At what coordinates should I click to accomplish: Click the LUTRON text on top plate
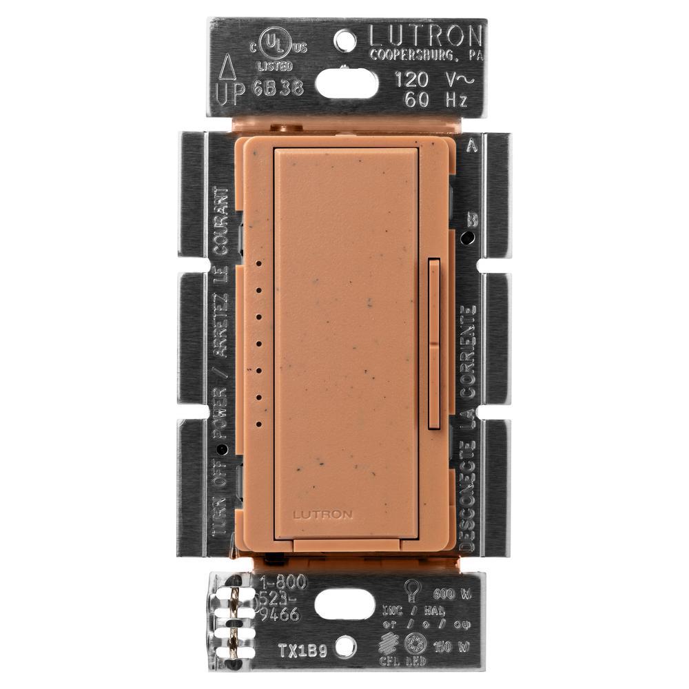(x=425, y=35)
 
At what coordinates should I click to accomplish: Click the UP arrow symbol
(x=227, y=69)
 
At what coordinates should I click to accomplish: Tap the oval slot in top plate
(x=347, y=84)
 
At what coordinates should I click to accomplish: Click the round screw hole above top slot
(x=345, y=41)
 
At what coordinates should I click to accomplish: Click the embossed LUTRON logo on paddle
(x=322, y=514)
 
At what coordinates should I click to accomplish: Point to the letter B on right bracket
(x=473, y=220)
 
